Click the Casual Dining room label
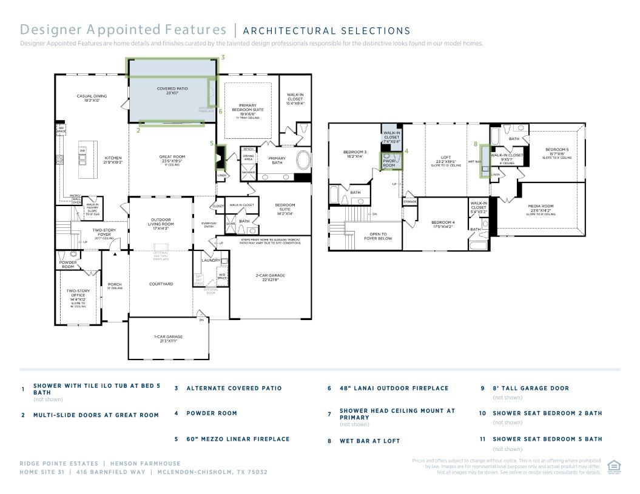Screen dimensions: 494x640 coord(92,98)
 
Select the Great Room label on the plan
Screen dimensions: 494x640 coord(172,158)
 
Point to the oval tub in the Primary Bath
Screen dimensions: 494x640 coord(303,160)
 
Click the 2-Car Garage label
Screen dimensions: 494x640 coord(270,277)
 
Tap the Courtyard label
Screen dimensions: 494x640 coord(161,284)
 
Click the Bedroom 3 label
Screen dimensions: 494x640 coord(355,153)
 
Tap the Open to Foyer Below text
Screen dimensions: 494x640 coord(378,236)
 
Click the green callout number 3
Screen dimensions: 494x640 coord(223,58)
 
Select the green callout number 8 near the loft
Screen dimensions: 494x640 coord(476,144)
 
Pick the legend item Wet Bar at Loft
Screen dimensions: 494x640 coord(369,441)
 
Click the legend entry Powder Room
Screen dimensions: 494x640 coord(211,413)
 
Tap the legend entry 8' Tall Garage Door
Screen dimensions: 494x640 coord(530,389)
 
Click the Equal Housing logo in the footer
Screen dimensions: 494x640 coord(613,466)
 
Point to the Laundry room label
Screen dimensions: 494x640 coord(211,260)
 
